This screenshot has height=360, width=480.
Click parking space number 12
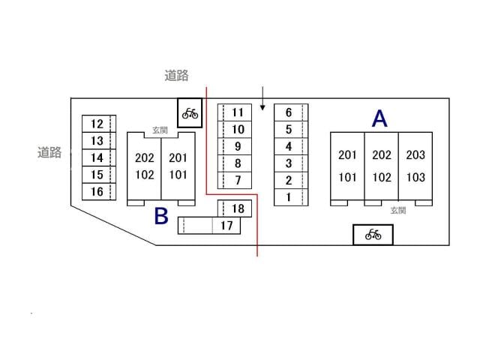pyautogui.click(x=97, y=124)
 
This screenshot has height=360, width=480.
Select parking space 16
pyautogui.click(x=97, y=191)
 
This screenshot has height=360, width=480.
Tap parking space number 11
pyautogui.click(x=238, y=112)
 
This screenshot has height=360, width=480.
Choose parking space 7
pyautogui.click(x=238, y=180)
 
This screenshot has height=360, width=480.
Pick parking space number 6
pyautogui.click(x=288, y=112)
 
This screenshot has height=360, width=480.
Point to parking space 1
pyautogui.click(x=288, y=197)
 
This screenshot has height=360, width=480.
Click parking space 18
pyautogui.click(x=238, y=208)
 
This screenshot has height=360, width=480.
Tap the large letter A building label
pyautogui.click(x=380, y=118)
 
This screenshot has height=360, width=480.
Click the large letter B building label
pyautogui.click(x=161, y=216)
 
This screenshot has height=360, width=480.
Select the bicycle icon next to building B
pyautogui.click(x=190, y=113)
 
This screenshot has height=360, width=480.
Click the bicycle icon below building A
pyautogui.click(x=373, y=235)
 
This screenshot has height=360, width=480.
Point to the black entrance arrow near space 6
pyautogui.click(x=262, y=99)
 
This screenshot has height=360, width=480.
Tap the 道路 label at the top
pyautogui.click(x=176, y=75)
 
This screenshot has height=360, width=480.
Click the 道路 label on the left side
pyautogui.click(x=49, y=152)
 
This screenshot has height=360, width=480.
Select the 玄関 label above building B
pyautogui.click(x=160, y=130)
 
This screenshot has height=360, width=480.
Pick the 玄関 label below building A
pyautogui.click(x=397, y=211)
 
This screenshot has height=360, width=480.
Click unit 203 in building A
pyautogui.click(x=415, y=155)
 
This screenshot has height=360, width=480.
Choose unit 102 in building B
pyautogui.click(x=144, y=175)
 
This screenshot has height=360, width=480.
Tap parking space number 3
pyautogui.click(x=288, y=163)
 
